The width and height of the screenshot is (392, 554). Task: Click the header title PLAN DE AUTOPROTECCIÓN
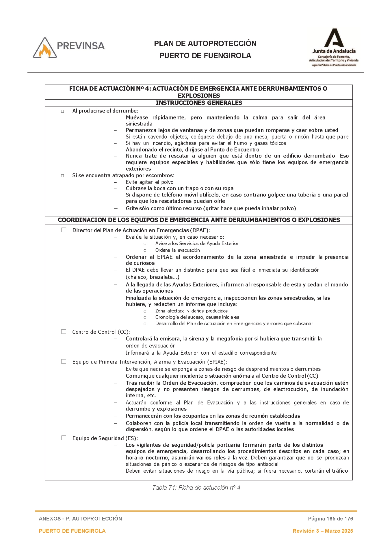pos(205,44)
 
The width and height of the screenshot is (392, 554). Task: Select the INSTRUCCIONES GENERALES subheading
pos(199,103)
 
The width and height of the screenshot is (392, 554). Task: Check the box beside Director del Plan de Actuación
pos(64,230)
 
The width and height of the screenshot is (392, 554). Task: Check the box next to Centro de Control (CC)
pos(64,332)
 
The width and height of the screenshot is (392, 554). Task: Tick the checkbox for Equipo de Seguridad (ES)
pos(64,438)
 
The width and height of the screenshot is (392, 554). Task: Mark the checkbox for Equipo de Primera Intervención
pos(64,361)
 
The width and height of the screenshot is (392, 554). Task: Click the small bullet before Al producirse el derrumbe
pos(62,111)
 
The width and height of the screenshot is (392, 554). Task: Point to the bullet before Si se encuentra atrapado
pos(62,176)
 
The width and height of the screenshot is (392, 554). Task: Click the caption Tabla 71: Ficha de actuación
pos(196,487)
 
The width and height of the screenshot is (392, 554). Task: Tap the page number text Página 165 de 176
pos(330,519)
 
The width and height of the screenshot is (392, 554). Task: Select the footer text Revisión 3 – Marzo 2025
pos(323,531)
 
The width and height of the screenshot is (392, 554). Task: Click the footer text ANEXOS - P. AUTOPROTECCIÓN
pos(80,519)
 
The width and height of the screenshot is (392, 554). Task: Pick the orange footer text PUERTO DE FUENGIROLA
pos(72,531)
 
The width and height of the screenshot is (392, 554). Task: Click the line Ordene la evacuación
pos(177,250)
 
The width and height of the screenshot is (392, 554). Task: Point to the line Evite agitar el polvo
pos(149,182)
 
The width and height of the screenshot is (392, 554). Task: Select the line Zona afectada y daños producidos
pos(191,311)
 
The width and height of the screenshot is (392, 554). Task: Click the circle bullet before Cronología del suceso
pos(145,317)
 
